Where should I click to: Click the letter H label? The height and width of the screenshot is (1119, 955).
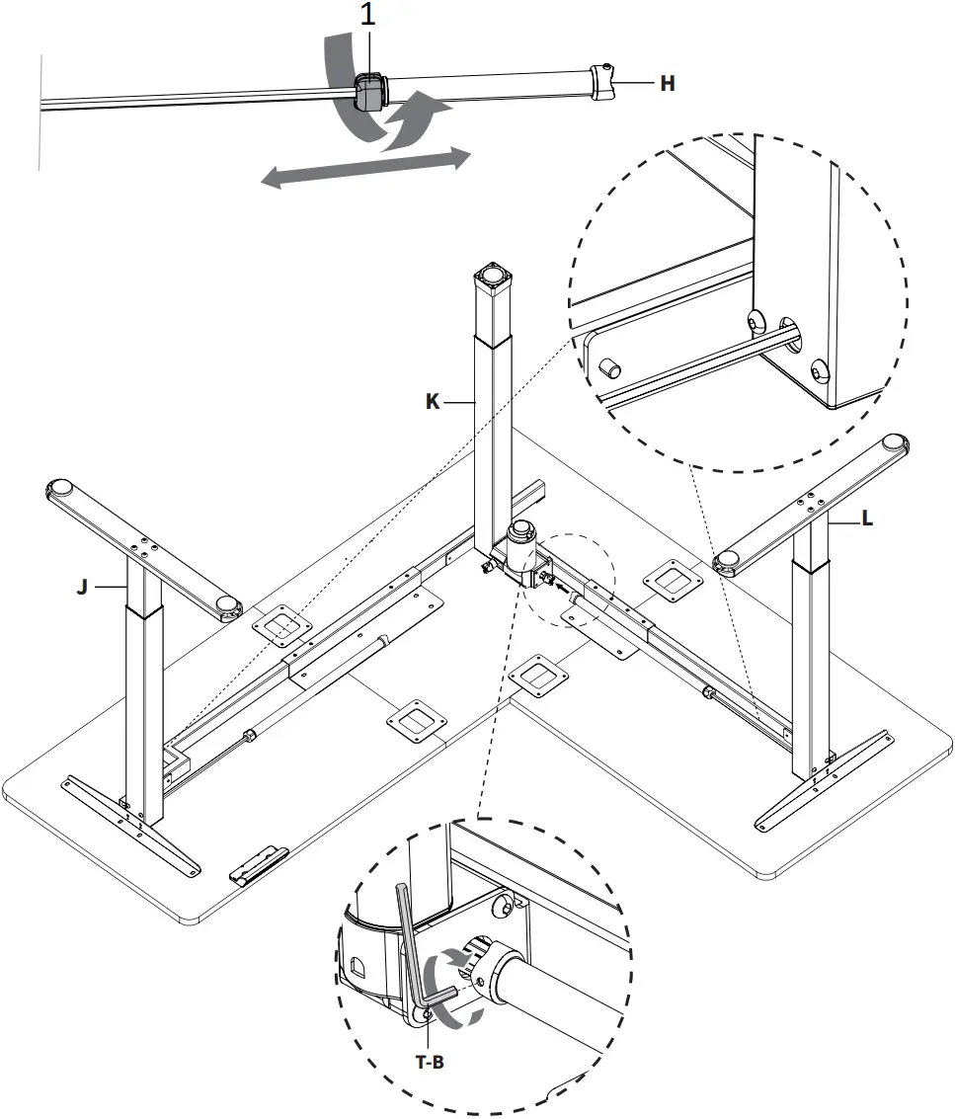[668, 84]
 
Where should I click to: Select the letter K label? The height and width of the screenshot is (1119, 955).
[433, 402]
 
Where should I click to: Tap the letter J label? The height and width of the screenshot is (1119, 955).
[83, 587]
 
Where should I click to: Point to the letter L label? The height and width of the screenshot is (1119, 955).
[867, 519]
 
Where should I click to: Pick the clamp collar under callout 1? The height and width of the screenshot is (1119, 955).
[368, 94]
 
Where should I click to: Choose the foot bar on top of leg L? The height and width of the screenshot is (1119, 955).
[814, 500]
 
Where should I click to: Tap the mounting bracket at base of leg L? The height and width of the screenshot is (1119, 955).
[822, 779]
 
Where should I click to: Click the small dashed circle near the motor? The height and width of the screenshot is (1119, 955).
[573, 578]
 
